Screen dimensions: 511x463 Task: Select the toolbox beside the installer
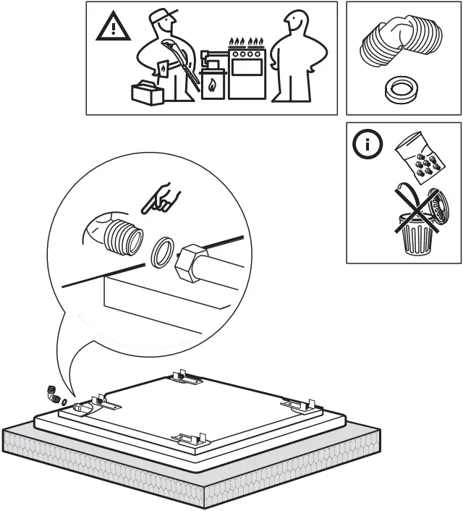pos(147,93)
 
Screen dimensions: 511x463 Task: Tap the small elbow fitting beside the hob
pos(53,394)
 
